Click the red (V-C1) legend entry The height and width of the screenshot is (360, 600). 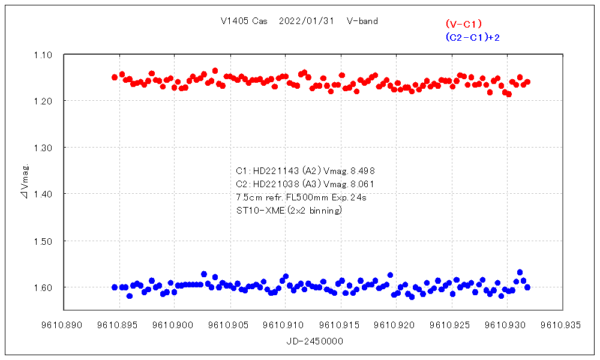pyautogui.click(x=464, y=24)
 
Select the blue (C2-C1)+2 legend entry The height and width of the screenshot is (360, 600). pyautogui.click(x=473, y=37)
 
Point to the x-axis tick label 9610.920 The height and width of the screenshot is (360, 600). pyautogui.click(x=397, y=325)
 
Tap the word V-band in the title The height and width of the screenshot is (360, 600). pyautogui.click(x=362, y=21)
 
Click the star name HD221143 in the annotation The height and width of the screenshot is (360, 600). pyautogui.click(x=275, y=170)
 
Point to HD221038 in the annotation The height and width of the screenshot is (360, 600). pyautogui.click(x=275, y=184)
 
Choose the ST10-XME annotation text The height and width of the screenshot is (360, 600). pyautogui.click(x=260, y=210)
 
